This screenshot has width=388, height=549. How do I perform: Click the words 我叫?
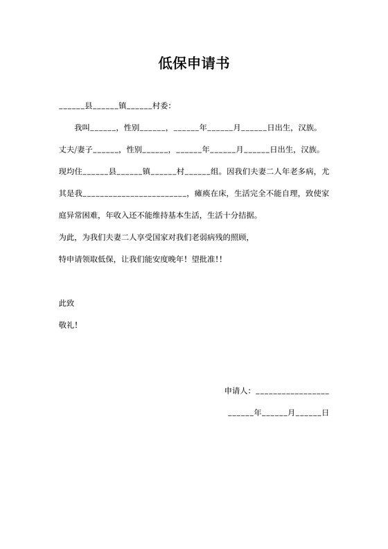[82, 128]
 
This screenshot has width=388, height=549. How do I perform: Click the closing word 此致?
[67, 303]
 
